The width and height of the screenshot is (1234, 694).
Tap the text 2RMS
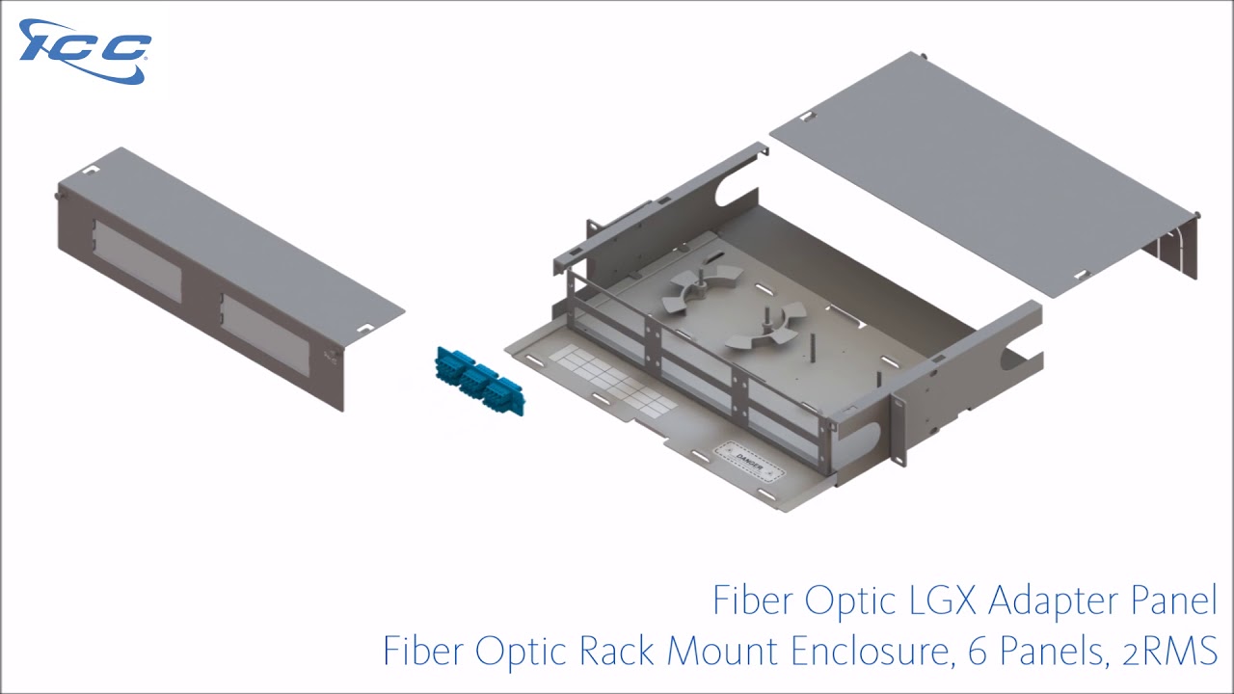1170,652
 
